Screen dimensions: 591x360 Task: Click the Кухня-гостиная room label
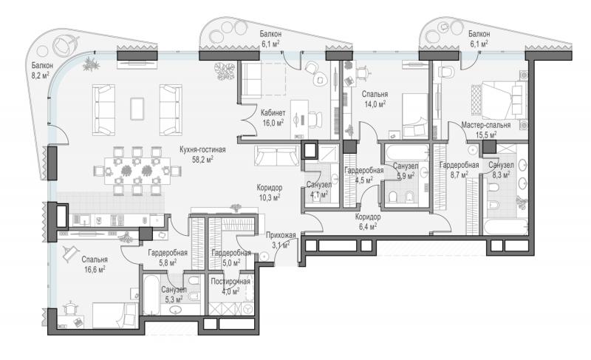pyautogui.click(x=202, y=149)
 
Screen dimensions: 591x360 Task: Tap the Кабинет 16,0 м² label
pyautogui.click(x=273, y=118)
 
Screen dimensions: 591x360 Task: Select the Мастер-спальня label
pyautogui.click(x=486, y=125)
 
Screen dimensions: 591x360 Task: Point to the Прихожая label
pyautogui.click(x=281, y=236)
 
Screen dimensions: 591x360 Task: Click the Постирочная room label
pyautogui.click(x=230, y=282)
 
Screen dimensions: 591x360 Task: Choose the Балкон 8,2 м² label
pyautogui.click(x=42, y=70)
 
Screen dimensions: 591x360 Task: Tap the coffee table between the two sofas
pyautogui.click(x=137, y=109)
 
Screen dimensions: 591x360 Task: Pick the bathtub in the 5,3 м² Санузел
pyautogui.click(x=151, y=295)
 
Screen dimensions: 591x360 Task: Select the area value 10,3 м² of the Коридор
pyautogui.click(x=270, y=197)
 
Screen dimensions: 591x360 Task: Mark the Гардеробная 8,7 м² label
pyautogui.click(x=459, y=169)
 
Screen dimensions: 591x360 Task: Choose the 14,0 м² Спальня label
pyautogui.click(x=375, y=99)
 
